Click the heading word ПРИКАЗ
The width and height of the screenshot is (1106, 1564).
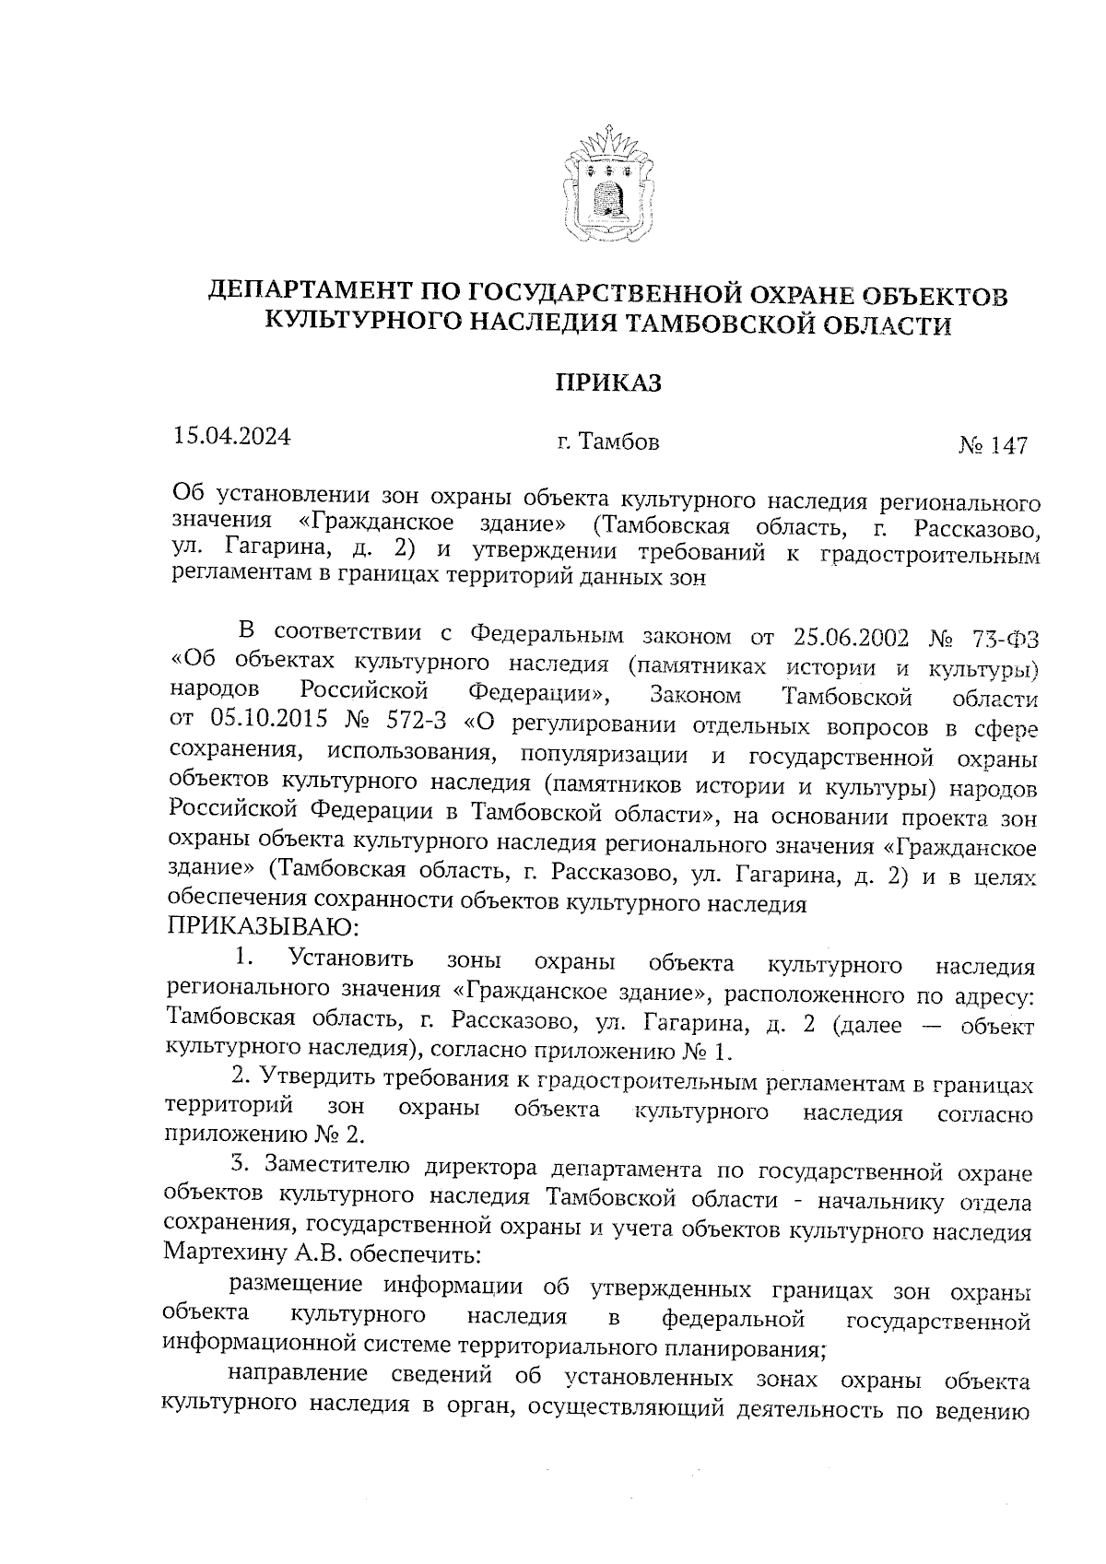click(x=607, y=382)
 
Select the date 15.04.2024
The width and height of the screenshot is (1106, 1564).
click(x=231, y=436)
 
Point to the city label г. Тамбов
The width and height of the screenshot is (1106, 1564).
click(x=607, y=442)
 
